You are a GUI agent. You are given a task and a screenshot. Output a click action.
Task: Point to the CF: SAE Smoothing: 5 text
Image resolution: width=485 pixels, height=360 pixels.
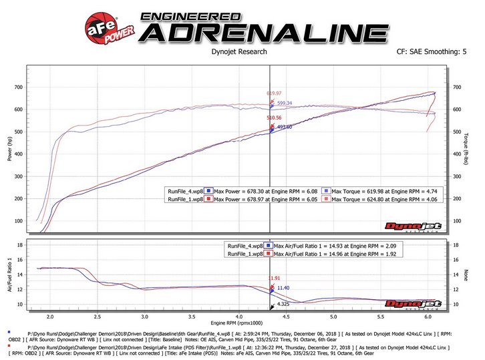tap(432, 51)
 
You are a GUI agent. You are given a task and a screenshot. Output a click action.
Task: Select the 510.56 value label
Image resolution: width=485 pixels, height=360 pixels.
tap(274, 118)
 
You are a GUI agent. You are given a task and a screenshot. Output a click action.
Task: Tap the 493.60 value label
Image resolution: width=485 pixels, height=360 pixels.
tap(285, 126)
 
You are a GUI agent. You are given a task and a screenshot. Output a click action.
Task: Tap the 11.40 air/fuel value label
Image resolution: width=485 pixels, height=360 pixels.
tap(283, 288)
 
